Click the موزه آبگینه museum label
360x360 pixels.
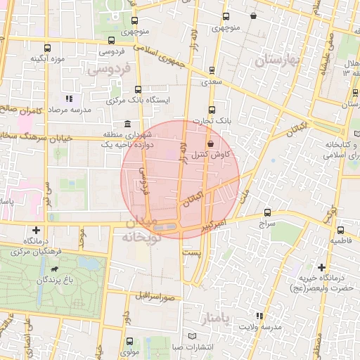point(48,59)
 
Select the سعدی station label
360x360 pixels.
point(212,82)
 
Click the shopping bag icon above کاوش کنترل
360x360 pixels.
point(211,143)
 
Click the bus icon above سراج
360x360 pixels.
point(267,212)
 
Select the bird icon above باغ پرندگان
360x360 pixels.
point(55,269)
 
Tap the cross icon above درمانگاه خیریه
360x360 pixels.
point(321,267)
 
